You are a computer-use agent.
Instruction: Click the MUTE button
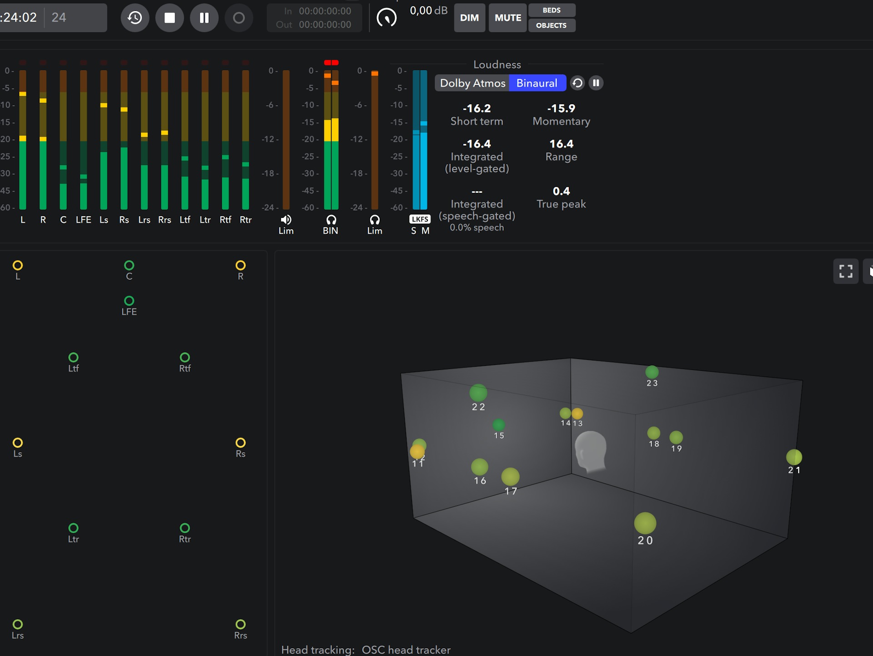[507, 18]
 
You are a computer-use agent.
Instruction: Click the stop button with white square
[170, 18]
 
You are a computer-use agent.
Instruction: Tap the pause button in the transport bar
[204, 18]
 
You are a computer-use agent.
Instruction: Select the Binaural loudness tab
[537, 83]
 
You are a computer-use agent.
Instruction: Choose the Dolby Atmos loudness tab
[472, 83]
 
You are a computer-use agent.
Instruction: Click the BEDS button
[552, 10]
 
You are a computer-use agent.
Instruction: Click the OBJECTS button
[552, 25]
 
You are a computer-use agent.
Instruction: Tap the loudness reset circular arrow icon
[577, 83]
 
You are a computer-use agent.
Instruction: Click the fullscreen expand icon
[846, 271]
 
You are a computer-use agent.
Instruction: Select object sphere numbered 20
[645, 523]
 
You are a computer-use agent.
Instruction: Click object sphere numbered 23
[652, 372]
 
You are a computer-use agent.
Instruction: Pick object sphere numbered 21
[794, 457]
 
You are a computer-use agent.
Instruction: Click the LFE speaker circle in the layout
[129, 301]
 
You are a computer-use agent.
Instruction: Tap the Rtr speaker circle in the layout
[185, 528]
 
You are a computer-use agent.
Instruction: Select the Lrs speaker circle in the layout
[18, 624]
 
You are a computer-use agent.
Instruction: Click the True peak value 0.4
[561, 191]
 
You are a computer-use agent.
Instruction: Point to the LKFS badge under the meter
[419, 219]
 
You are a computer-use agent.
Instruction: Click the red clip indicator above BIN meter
[331, 63]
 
